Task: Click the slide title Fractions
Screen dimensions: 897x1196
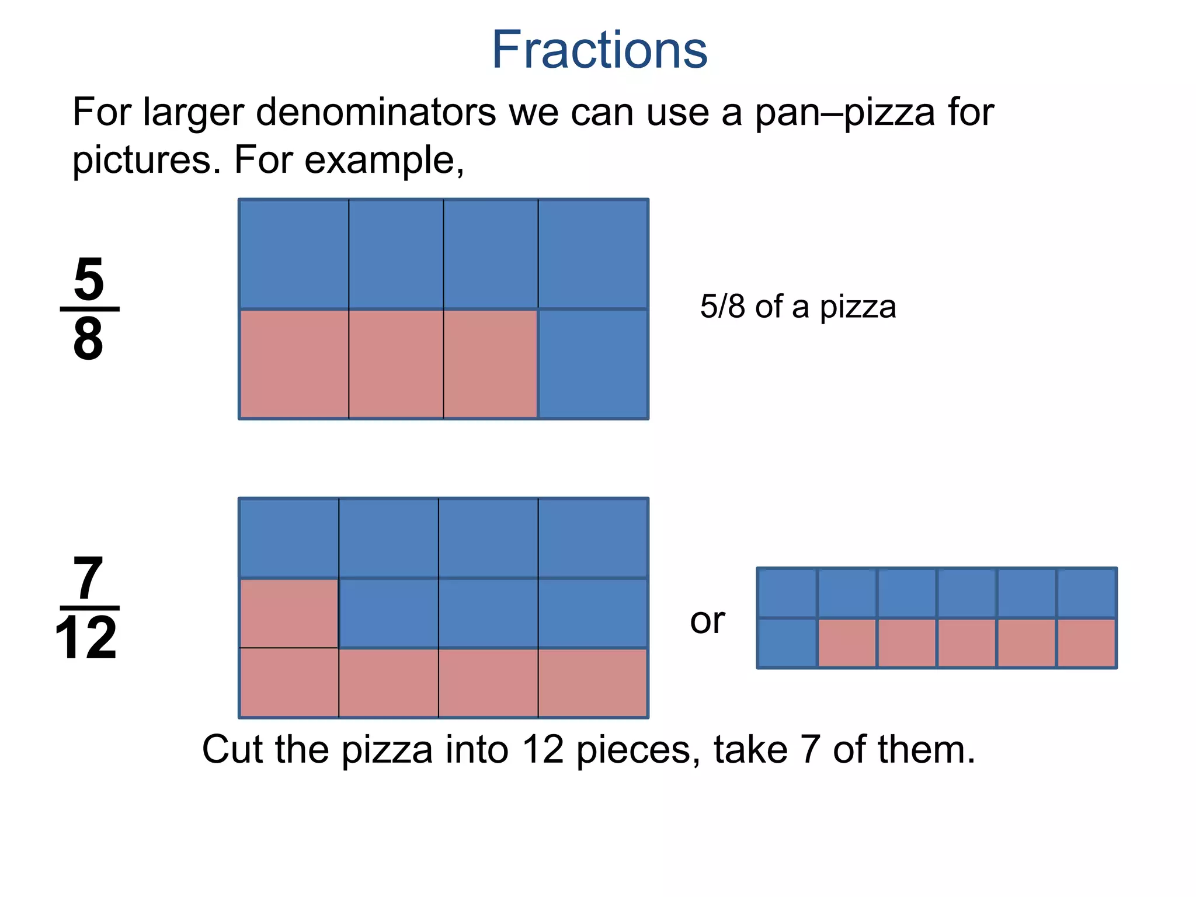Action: (599, 50)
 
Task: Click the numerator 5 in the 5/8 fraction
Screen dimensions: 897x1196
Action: (89, 279)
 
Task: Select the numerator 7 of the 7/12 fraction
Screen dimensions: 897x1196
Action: (88, 578)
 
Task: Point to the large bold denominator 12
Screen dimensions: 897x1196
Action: (86, 638)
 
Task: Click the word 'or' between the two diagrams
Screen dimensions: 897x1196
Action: (707, 621)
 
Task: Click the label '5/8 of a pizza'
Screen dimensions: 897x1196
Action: (798, 307)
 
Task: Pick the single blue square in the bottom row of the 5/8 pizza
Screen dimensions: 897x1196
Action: (593, 364)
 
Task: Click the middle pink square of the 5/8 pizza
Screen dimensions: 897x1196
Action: (396, 364)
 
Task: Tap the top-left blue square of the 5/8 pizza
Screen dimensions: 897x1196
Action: (294, 254)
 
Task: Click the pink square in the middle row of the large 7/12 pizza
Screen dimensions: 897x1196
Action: (289, 613)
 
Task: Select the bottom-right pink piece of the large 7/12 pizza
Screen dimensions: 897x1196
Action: (592, 682)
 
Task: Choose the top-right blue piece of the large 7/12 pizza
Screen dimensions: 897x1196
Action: (593, 538)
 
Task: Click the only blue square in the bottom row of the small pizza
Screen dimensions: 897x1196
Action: (787, 642)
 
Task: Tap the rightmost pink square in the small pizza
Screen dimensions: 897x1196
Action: (1086, 642)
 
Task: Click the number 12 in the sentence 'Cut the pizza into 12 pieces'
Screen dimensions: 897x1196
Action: (543, 749)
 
